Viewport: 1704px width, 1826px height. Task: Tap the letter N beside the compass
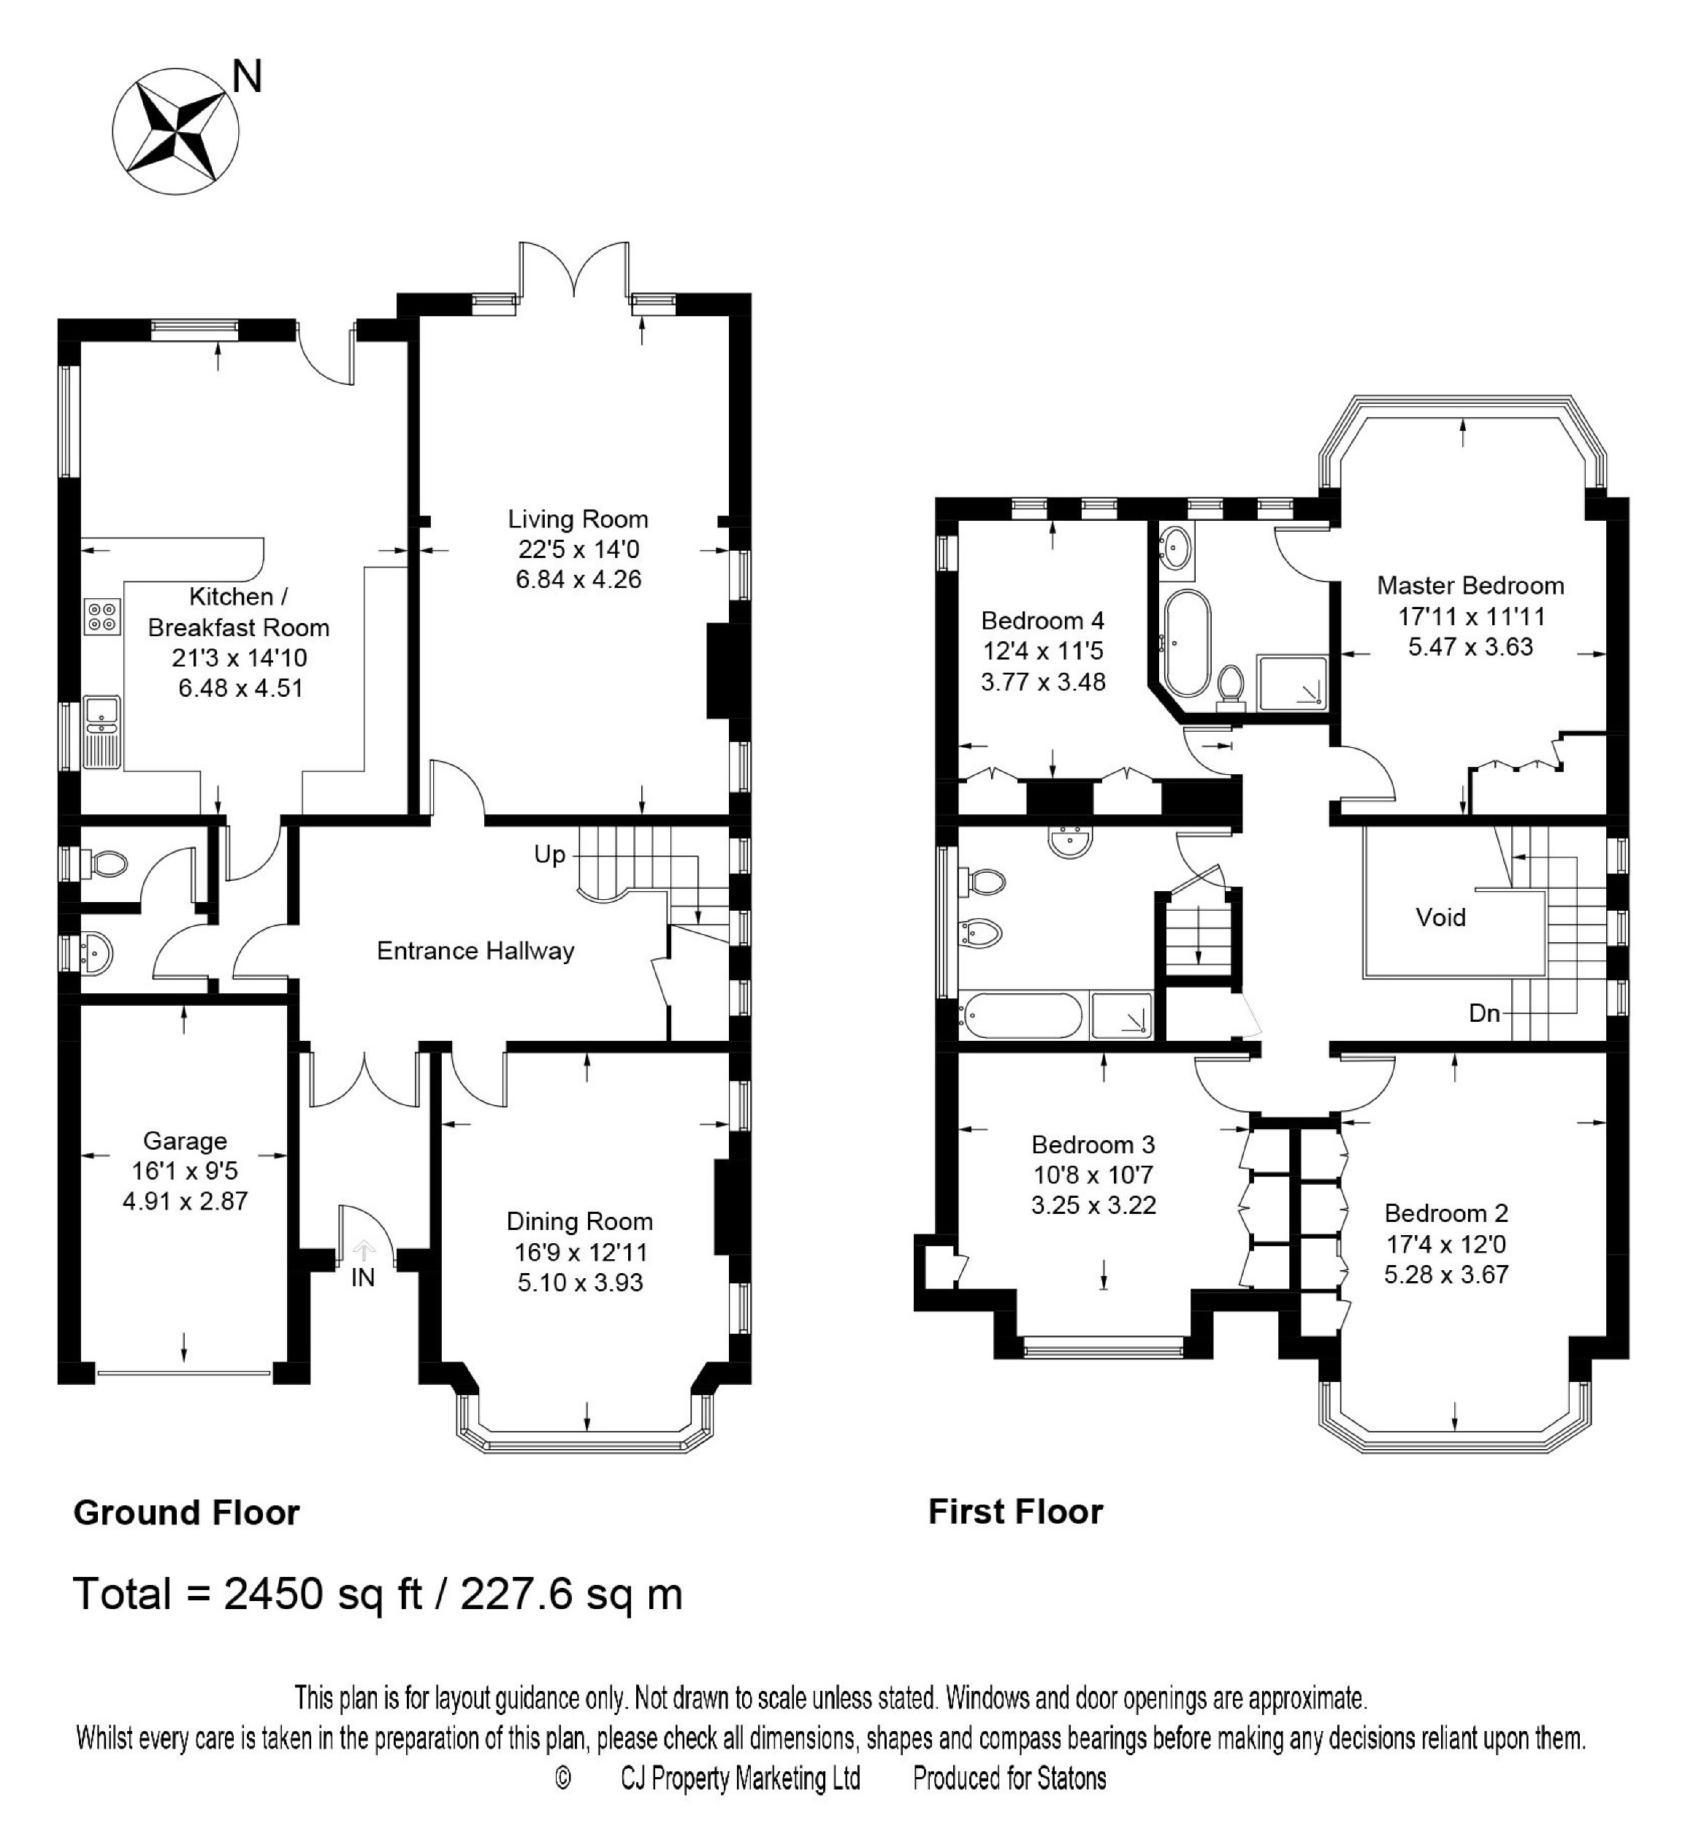coord(247,77)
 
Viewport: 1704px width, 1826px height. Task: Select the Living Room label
coord(578,519)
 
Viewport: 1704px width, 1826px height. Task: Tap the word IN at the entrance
coord(363,1277)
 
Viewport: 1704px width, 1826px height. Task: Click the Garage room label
coord(185,1141)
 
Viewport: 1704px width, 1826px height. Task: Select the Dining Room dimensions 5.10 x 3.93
coord(580,1283)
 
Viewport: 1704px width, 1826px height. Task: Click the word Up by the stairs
coord(549,855)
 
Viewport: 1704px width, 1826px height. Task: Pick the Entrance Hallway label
coord(475,951)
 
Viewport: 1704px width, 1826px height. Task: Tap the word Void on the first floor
coord(1440,917)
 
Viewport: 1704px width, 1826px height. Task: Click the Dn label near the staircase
coord(1484,1013)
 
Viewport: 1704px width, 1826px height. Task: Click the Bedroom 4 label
coord(1042,620)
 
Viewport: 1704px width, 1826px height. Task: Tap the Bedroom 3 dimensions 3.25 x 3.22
coord(1093,1205)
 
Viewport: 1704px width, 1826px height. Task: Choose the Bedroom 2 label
coord(1446,1213)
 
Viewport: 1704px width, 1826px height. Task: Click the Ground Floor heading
coord(186,1513)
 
